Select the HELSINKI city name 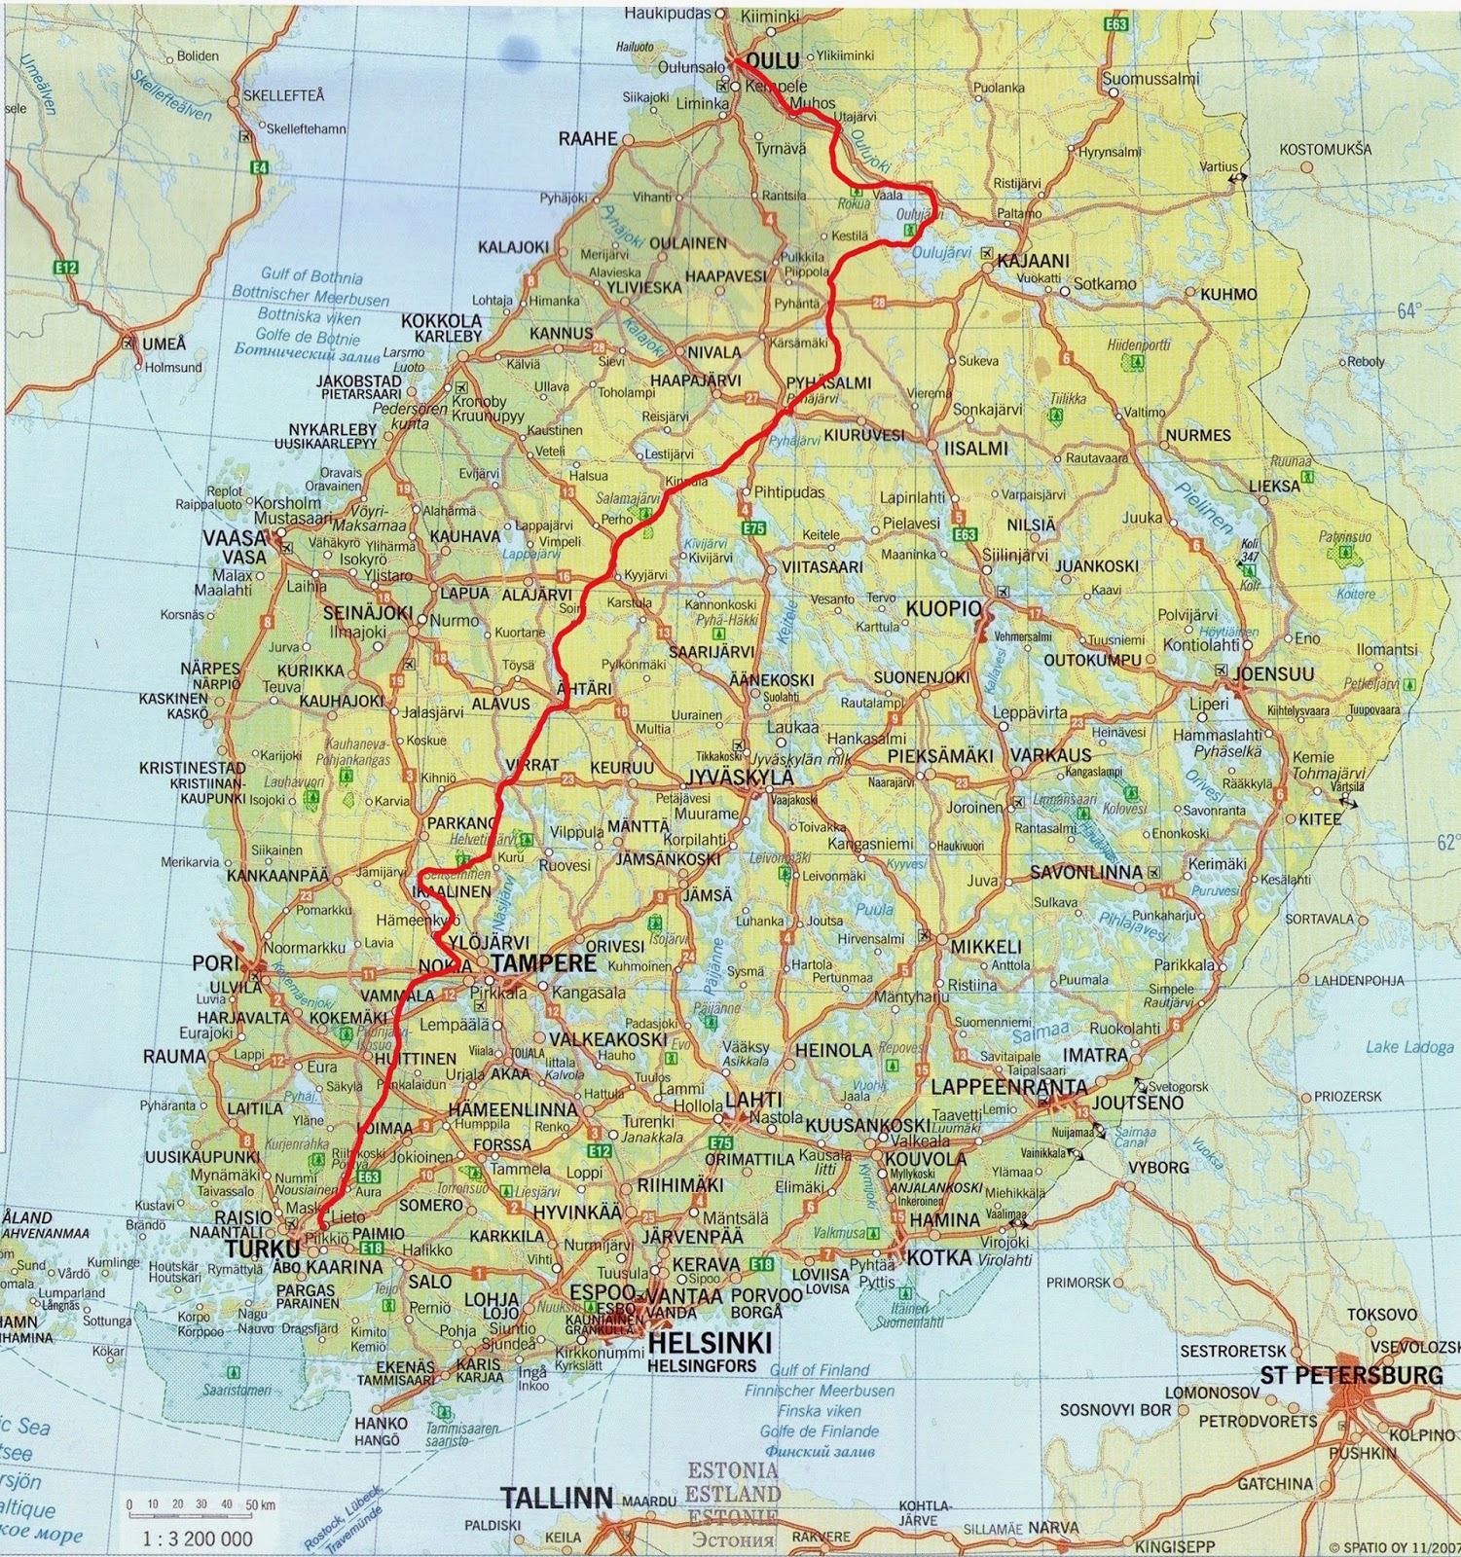[709, 1344]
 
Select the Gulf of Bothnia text [311, 277]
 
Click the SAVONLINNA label [1086, 873]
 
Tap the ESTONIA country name [733, 1470]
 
